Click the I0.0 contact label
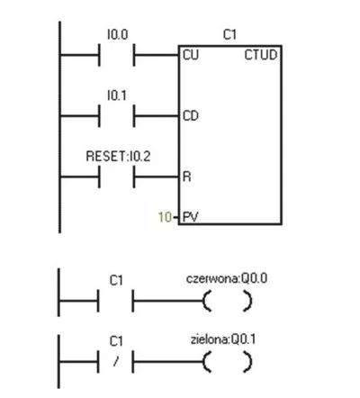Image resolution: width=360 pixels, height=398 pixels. click(x=117, y=34)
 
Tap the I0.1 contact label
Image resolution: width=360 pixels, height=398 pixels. click(x=117, y=95)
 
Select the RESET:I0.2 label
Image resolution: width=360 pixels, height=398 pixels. click(x=118, y=157)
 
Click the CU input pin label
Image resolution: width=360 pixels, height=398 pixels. click(x=191, y=55)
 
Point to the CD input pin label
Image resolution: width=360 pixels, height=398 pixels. click(x=191, y=116)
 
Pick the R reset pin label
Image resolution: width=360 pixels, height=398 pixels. click(x=186, y=176)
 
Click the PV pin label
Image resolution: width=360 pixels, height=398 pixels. click(x=190, y=217)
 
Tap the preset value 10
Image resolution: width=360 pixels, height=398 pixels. click(x=165, y=217)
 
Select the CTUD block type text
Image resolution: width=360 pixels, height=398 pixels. click(x=261, y=55)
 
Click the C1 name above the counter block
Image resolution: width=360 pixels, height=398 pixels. click(x=229, y=35)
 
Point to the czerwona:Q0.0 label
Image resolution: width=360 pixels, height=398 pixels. click(x=227, y=278)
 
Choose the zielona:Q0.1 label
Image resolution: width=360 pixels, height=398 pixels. click(x=223, y=339)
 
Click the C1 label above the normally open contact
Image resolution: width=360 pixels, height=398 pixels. click(x=116, y=281)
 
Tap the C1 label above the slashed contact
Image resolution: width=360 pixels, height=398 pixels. click(x=116, y=341)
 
